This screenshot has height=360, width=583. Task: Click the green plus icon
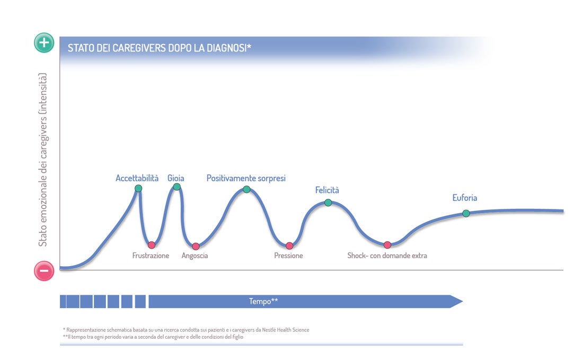click(x=44, y=43)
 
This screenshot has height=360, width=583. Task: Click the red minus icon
click(x=44, y=271)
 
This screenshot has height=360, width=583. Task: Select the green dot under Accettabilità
click(x=138, y=189)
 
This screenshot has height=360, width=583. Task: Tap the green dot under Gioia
click(x=177, y=187)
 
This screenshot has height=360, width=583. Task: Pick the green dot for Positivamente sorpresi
click(x=246, y=189)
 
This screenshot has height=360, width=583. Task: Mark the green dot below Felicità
click(x=328, y=203)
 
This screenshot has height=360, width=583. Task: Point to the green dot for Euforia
click(x=466, y=214)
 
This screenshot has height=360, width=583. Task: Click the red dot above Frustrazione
click(x=152, y=245)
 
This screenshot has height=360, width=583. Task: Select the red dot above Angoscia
click(x=196, y=246)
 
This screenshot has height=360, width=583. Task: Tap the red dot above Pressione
click(x=289, y=246)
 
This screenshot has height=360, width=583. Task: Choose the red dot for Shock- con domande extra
click(x=387, y=245)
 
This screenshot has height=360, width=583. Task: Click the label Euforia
click(x=465, y=198)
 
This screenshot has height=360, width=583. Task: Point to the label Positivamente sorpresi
click(x=246, y=178)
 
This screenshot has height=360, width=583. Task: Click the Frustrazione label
click(x=151, y=256)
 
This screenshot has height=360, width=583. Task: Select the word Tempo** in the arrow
click(x=263, y=301)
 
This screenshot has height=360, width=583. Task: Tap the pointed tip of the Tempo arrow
click(x=463, y=302)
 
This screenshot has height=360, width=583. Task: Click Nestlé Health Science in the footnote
click(x=286, y=330)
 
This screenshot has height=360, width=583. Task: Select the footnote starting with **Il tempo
click(x=153, y=337)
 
